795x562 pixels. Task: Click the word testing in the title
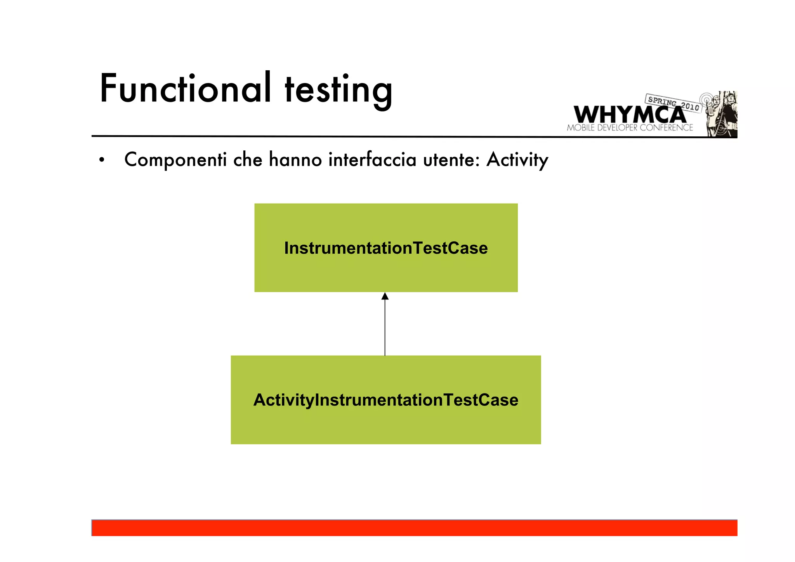338,90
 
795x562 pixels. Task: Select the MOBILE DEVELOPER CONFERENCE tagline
630,128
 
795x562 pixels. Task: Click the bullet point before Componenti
102,160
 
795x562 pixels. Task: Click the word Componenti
175,160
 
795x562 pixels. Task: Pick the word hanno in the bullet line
295,160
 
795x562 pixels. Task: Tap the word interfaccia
372,160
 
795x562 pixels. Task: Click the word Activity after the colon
517,160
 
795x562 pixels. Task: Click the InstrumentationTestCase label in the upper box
386,248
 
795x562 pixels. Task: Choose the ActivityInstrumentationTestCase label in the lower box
386,400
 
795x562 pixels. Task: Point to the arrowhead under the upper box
385,296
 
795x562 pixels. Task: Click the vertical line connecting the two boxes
385,328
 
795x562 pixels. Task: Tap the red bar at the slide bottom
414,528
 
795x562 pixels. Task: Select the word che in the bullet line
248,160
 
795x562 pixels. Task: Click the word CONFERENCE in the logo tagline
666,128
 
